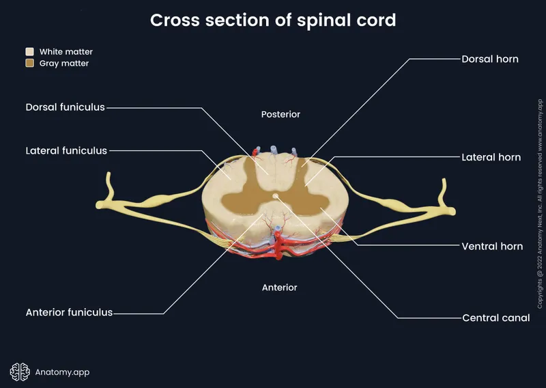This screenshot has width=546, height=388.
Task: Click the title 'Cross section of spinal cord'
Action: [x=273, y=20]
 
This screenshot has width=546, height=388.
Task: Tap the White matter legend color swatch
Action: [x=30, y=52]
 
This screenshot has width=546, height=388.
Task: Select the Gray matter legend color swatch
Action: [x=30, y=64]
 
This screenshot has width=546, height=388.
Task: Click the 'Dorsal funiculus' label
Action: [x=66, y=107]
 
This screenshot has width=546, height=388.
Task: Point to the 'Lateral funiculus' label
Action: [x=66, y=150]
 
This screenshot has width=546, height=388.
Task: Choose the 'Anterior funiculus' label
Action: [x=69, y=313]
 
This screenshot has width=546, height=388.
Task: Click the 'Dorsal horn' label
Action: [x=490, y=59]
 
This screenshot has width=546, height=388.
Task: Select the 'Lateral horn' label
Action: [x=491, y=157]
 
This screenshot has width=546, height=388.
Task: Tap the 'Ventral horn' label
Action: [x=492, y=246]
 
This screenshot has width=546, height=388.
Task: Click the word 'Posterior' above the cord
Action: [x=281, y=115]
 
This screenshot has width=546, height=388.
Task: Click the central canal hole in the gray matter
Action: [x=275, y=198]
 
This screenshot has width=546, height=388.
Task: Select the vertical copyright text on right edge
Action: [x=539, y=194]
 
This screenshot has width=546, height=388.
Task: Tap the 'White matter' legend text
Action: [x=66, y=52]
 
